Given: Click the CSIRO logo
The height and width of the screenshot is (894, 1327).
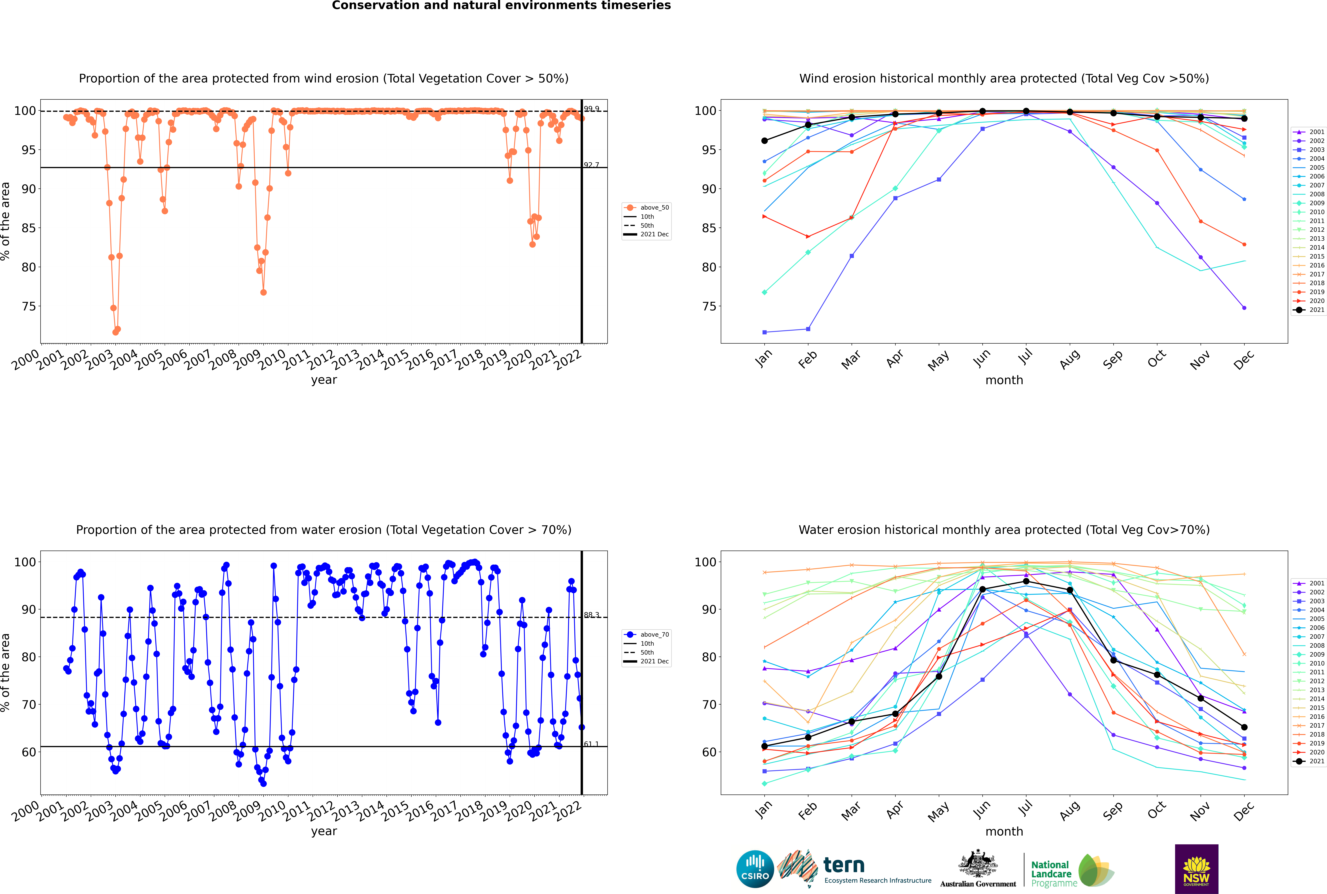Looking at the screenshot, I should point(755,870).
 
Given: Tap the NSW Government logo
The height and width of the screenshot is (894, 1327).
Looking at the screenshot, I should point(1196,868).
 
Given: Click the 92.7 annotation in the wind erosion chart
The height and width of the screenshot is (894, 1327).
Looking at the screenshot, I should point(591,165).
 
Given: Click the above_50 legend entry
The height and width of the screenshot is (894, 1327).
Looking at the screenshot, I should point(654,208).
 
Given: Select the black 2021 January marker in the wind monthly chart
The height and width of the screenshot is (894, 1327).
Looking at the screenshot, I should point(765,141).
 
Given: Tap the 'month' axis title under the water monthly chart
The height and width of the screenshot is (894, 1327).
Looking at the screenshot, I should point(1004,831).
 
